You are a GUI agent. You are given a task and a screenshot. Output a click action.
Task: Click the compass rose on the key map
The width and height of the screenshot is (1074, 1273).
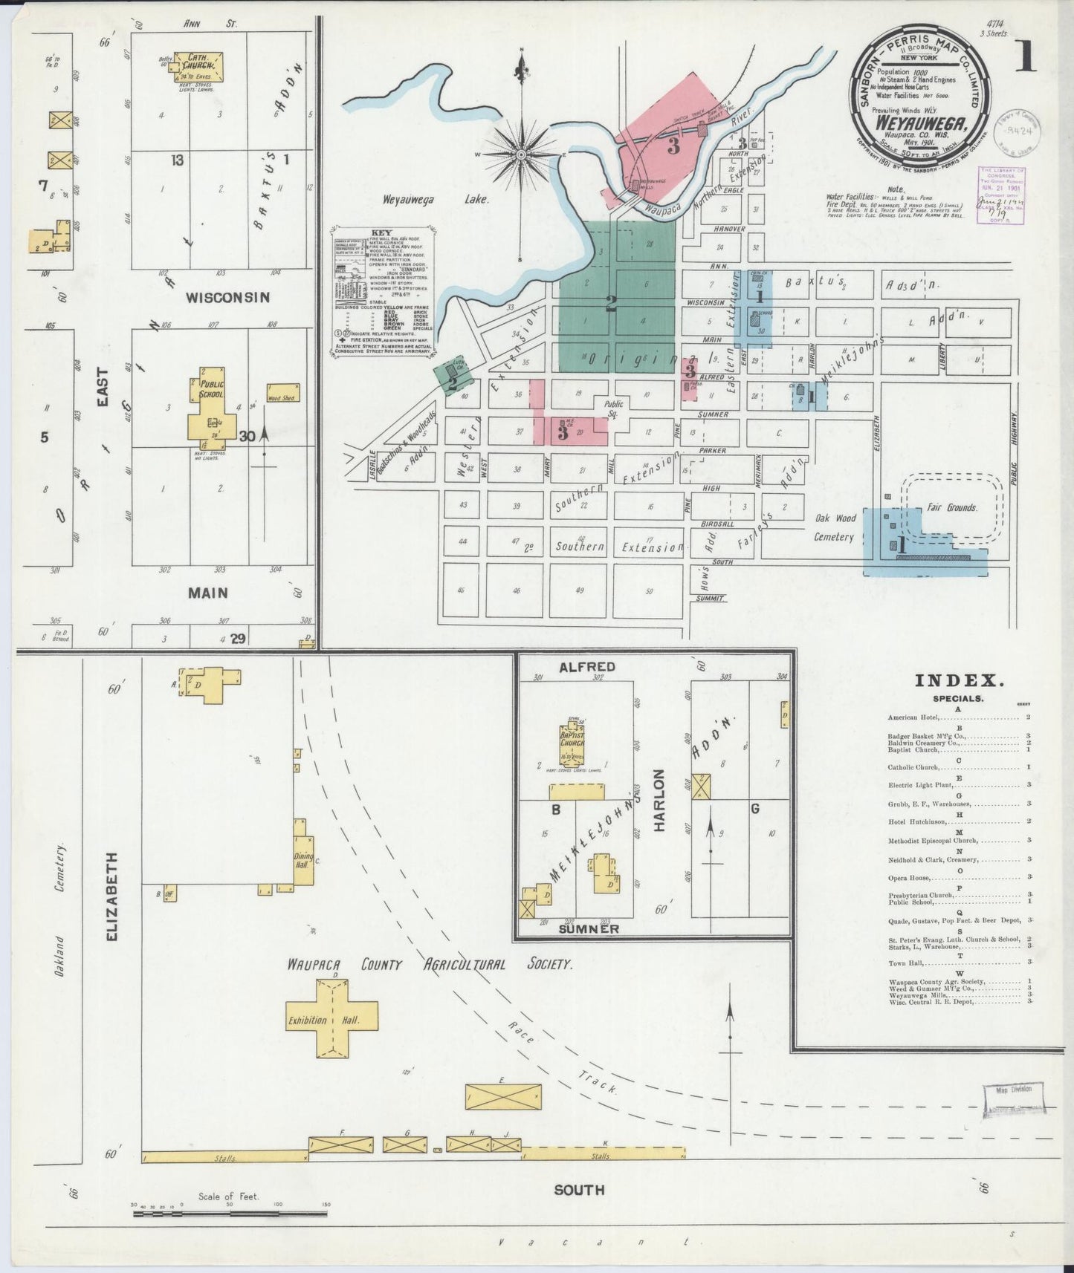pyautogui.click(x=522, y=154)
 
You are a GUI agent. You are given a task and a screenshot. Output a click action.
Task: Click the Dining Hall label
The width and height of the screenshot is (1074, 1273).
pyautogui.click(x=304, y=861)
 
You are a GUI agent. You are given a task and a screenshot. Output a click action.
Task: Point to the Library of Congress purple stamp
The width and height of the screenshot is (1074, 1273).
pyautogui.click(x=1001, y=195)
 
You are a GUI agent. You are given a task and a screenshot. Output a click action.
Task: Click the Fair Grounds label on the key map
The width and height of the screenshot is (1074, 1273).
pyautogui.click(x=951, y=508)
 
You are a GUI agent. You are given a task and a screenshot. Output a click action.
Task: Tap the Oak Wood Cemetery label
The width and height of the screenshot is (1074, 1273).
pyautogui.click(x=835, y=527)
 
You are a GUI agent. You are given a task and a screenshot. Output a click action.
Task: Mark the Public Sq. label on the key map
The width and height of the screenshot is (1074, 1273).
pyautogui.click(x=614, y=408)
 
